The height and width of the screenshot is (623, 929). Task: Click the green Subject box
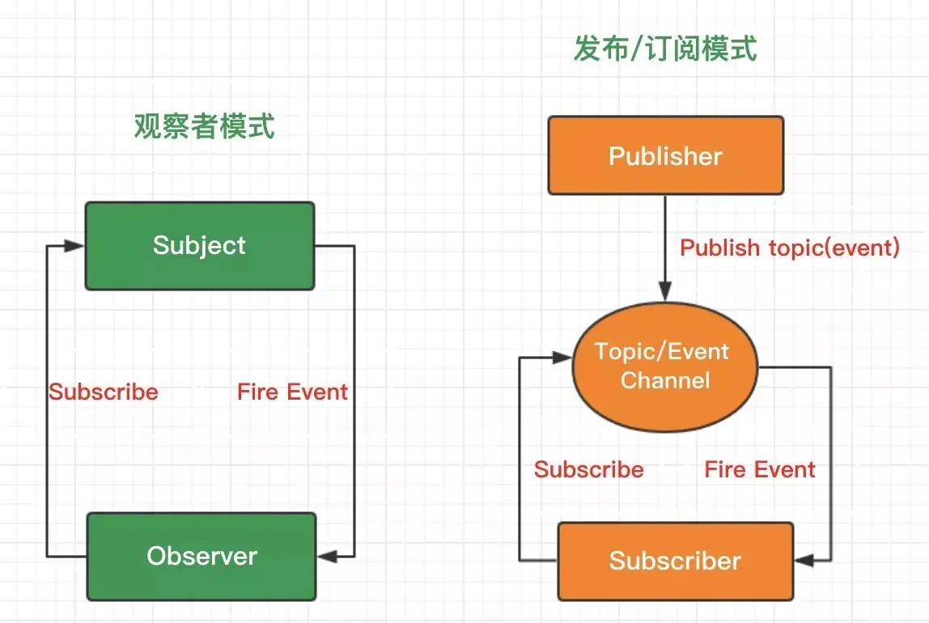pos(200,246)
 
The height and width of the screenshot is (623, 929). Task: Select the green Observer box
pos(201,556)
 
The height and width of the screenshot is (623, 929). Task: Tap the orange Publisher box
pos(665,155)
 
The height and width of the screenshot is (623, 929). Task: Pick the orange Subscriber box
pos(675,561)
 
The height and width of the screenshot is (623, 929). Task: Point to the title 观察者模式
pos(204,126)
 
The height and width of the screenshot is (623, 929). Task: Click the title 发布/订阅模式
pos(665,49)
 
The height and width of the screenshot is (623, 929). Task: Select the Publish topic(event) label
pos(790,248)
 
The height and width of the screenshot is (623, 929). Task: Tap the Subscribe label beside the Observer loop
pos(104,392)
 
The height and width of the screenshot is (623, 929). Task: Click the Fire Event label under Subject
pos(292,392)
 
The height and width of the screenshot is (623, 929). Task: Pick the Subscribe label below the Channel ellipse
pos(589,470)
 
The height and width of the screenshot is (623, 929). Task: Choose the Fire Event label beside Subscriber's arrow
pos(760,470)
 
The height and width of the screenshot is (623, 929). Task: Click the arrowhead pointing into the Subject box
pos(76,246)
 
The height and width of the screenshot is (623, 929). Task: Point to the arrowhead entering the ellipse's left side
pos(564,356)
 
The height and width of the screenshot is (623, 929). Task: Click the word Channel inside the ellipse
pos(665,380)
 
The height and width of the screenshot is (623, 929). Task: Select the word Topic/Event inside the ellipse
pos(662,352)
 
